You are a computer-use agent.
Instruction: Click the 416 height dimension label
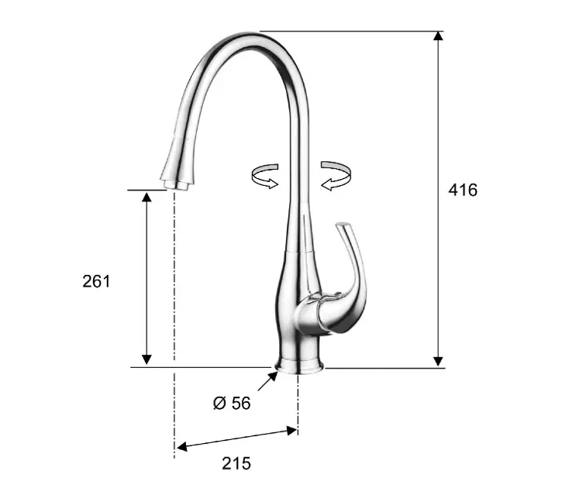[463, 190]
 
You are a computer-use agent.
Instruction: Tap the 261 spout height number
[96, 281]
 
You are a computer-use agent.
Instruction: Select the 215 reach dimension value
[236, 463]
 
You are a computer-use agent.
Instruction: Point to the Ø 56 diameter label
[232, 403]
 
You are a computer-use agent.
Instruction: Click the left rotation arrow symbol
[265, 177]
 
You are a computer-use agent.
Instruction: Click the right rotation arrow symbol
[336, 176]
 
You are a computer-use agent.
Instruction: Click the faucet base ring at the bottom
[299, 366]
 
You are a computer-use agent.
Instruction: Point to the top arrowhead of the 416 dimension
[439, 36]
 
